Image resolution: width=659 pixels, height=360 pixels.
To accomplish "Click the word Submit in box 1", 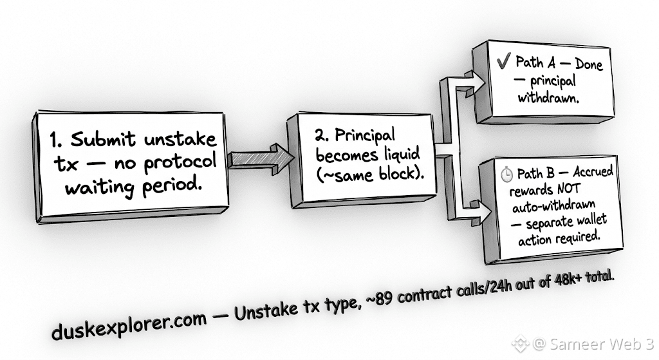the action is [103, 139].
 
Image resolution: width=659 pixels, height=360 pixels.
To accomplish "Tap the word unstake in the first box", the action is [181, 139].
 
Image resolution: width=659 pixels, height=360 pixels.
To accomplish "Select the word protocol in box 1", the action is [180, 162].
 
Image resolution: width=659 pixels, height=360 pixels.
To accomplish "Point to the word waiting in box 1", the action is [100, 187].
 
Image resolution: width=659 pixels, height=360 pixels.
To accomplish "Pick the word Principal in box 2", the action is [365, 135].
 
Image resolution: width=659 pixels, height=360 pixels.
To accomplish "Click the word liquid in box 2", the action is [402, 154].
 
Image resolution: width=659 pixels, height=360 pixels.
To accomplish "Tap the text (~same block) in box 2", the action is [370, 173].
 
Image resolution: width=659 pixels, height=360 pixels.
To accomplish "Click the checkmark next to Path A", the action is [503, 61].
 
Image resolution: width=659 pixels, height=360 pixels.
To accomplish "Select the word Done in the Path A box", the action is [589, 64].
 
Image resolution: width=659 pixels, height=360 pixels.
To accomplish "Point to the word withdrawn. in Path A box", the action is [548, 98].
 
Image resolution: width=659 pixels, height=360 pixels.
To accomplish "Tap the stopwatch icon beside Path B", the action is [507, 175].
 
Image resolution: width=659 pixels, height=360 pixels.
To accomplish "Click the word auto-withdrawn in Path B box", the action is [553, 206].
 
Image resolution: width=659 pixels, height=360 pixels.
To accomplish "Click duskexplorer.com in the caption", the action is [129, 325].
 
